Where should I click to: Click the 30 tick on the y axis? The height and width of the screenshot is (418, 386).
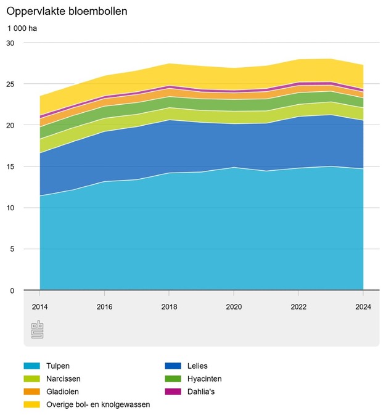coord(10,43)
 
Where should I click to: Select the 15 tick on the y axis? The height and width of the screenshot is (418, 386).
coord(10,166)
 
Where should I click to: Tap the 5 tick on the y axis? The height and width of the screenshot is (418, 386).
coord(12,249)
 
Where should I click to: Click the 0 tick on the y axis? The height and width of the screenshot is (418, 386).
coord(12,290)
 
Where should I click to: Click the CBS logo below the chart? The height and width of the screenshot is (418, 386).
coord(38,330)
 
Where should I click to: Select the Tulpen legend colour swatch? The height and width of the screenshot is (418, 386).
coord(31,366)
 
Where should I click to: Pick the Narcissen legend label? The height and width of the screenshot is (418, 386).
coord(64,379)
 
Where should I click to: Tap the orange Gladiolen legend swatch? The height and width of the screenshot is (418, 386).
coord(31,391)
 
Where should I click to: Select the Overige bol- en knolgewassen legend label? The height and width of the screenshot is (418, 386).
coord(98,404)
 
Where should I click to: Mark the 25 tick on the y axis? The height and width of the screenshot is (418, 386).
coord(10,84)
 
